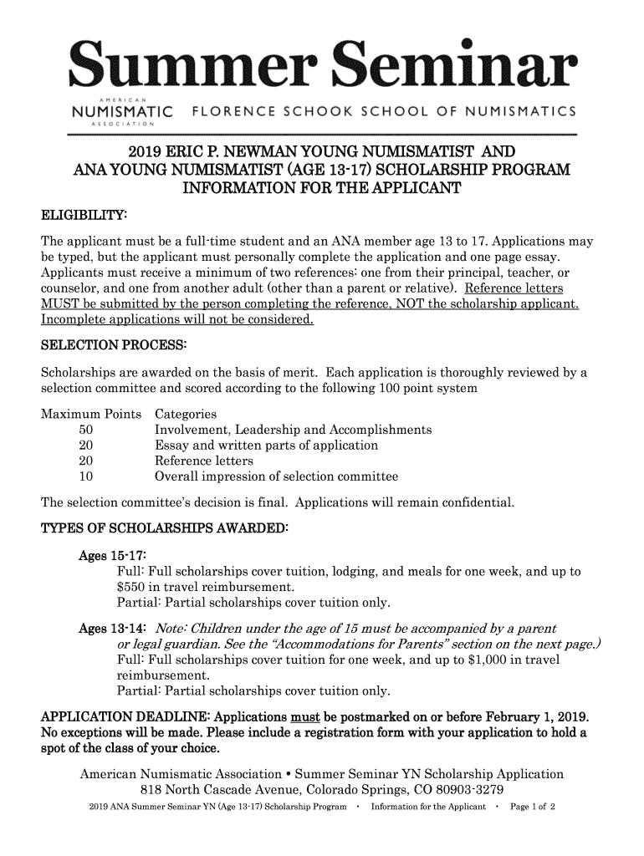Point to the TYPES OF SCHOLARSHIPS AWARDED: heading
point(165,528)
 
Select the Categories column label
point(187,414)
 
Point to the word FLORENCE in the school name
point(229,111)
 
